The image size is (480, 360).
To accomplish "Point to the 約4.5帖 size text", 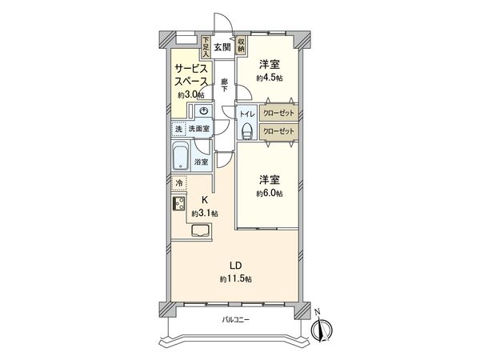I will tap(270, 78).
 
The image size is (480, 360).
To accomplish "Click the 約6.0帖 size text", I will tap(270, 194).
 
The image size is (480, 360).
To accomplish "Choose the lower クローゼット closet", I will tap(278, 131).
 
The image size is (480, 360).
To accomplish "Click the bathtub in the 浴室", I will tap(182, 157).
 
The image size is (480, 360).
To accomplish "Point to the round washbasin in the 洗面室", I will tap(204, 112).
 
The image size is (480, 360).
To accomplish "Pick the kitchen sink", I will tap(199, 233).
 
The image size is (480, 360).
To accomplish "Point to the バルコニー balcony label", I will tap(236, 320).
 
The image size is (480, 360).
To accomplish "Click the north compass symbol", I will tap(324, 328).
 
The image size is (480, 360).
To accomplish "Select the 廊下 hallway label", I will tap(226, 84).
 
